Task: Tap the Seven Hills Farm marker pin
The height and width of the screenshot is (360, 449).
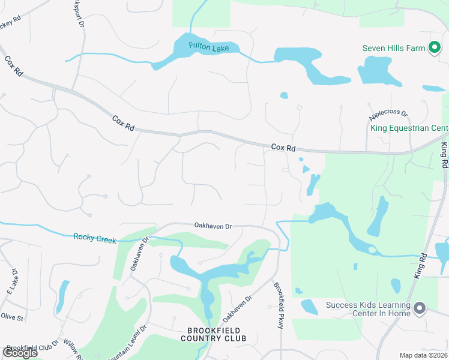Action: click(x=434, y=48)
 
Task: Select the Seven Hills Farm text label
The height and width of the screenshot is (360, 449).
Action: click(x=394, y=48)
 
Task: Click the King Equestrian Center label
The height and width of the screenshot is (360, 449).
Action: click(x=409, y=128)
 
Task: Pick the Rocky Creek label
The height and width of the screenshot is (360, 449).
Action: click(x=95, y=239)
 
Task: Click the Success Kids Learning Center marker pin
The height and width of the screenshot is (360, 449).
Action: click(x=420, y=309)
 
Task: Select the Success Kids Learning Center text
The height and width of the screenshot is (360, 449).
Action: click(x=368, y=309)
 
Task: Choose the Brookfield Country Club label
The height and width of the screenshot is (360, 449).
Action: click(x=214, y=334)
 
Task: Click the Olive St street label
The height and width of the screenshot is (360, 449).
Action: click(x=11, y=316)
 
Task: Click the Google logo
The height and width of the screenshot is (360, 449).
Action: click(x=19, y=353)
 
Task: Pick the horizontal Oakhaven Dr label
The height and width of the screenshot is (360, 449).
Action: click(x=212, y=226)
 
